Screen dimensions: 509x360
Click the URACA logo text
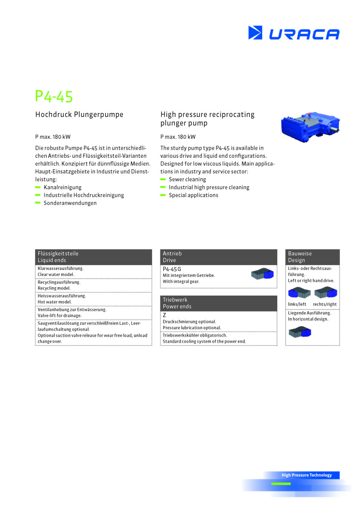(304, 34)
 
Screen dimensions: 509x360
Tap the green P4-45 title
(54, 97)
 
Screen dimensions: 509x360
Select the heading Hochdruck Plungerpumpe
(79, 115)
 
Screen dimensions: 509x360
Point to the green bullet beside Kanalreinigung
(38, 187)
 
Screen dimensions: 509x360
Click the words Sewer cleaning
(187, 179)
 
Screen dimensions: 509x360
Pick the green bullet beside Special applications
(163, 195)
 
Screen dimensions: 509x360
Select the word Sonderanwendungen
(70, 203)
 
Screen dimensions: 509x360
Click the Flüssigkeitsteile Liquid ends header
(93, 257)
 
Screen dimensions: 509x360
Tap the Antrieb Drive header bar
(218, 257)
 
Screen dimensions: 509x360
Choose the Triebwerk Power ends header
(218, 303)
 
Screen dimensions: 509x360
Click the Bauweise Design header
(312, 257)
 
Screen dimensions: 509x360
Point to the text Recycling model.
(54, 288)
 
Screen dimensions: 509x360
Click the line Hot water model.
(54, 302)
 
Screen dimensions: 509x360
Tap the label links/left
(297, 304)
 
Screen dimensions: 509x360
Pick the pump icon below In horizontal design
(300, 332)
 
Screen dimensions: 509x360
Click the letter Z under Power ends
(164, 315)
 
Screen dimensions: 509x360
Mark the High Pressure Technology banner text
(307, 475)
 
